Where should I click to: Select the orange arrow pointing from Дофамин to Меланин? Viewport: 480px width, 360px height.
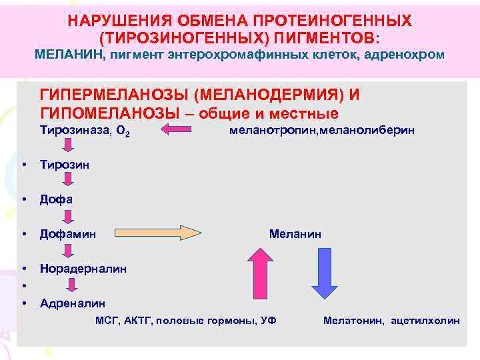159,233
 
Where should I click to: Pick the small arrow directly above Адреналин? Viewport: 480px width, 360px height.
69,285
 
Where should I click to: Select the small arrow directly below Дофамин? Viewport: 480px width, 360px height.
69,251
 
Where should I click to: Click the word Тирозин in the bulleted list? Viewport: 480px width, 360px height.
64,165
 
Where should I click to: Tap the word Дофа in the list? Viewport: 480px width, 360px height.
56,199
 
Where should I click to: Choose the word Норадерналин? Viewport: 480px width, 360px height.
83,269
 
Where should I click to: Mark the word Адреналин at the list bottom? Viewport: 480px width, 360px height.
72,303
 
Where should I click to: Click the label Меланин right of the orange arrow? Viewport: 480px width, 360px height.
295,234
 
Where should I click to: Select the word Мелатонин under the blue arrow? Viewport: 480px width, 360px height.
353,321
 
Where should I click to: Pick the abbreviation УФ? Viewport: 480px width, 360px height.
269,321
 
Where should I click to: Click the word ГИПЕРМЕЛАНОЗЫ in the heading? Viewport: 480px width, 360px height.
113,95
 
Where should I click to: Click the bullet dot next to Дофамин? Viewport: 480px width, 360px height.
23,234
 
